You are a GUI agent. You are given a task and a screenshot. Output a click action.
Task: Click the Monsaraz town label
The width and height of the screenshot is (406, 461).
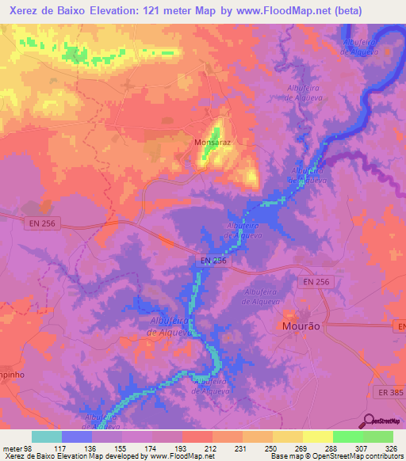pos(212,143)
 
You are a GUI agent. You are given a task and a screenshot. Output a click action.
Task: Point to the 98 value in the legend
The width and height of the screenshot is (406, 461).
pos(31,448)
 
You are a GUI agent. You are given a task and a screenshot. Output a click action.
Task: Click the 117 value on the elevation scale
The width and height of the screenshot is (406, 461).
pos(61,448)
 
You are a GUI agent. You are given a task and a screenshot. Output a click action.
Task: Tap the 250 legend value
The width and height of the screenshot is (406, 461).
pos(272,448)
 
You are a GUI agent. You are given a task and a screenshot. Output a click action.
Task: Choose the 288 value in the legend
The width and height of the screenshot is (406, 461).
pos(332,448)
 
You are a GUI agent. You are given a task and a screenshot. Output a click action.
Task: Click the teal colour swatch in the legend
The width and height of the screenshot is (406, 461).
pos(46,436)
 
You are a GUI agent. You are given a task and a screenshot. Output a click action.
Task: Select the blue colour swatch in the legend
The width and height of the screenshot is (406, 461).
pos(76,436)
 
